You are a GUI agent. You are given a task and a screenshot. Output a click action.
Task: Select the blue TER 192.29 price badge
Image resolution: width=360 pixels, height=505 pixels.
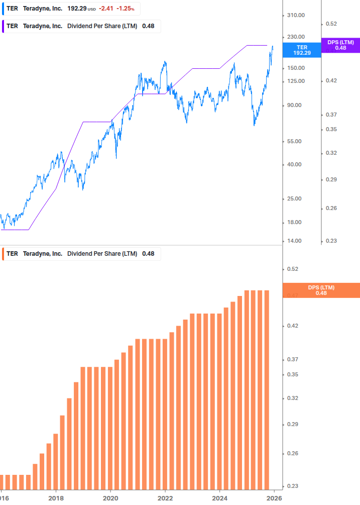point(302,50)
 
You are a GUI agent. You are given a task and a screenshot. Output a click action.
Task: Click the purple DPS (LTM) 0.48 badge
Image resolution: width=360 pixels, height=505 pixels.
point(340,45)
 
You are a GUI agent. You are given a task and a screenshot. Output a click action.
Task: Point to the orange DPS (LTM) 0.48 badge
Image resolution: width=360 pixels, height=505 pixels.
point(321,290)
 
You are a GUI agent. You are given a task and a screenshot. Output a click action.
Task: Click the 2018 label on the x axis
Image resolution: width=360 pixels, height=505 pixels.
point(56,498)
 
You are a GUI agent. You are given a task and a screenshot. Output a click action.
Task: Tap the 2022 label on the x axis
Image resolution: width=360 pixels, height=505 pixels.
point(165,498)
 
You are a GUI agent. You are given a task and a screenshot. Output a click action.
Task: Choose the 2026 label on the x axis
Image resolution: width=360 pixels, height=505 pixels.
point(274,498)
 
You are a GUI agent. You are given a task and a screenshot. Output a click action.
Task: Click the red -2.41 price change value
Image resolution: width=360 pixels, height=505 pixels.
point(106,9)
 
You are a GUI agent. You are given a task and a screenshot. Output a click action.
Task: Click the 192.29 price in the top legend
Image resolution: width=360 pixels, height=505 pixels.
point(77,9)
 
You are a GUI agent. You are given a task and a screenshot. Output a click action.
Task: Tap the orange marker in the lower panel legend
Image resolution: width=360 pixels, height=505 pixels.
point(3,254)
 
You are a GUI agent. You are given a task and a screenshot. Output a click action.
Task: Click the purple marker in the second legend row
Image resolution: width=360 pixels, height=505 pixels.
point(3,26)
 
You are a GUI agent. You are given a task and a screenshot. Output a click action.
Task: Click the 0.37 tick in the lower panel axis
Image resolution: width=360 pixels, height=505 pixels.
point(292,360)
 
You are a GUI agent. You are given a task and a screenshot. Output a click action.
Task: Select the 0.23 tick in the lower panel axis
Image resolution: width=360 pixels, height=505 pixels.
point(292,486)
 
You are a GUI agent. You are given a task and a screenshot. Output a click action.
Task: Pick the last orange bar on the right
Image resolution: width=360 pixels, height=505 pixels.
point(267,389)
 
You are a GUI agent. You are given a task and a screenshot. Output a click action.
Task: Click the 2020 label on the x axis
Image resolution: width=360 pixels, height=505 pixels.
point(110,498)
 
